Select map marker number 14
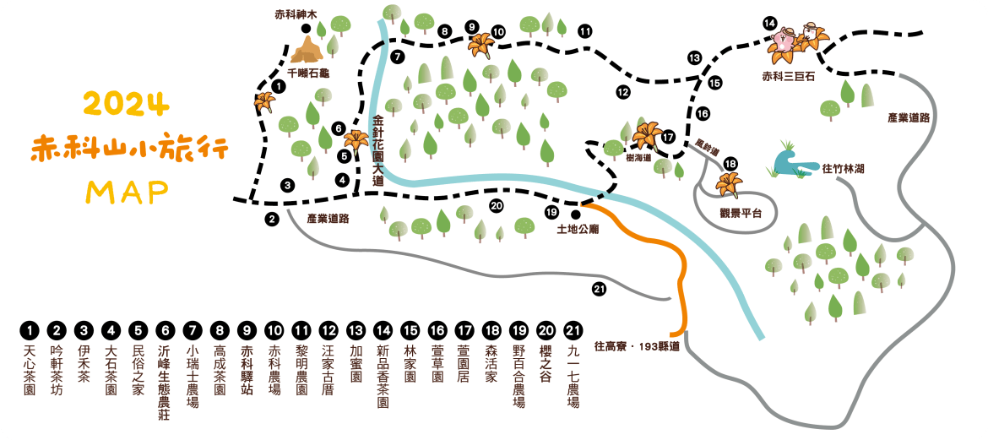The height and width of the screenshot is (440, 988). coord(769,24)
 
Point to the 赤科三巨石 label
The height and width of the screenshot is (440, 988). coord(787,76)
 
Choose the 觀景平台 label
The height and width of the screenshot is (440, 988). coord(741,213)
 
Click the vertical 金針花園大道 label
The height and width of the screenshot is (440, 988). coord(378,150)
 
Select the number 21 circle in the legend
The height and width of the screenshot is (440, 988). coord(573,329)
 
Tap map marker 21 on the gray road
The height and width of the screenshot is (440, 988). coord(599,290)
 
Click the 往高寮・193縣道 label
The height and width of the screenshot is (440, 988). coord(637,345)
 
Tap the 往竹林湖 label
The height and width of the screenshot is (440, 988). coord(843,168)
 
